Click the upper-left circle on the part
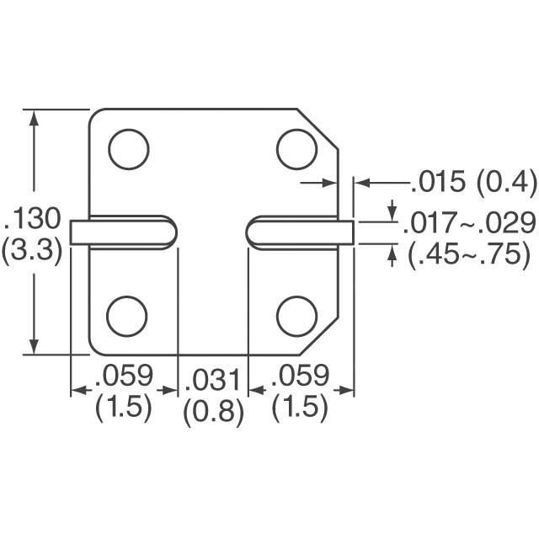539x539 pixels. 128,148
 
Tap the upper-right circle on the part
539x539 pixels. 296,148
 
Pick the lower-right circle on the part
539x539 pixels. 296,315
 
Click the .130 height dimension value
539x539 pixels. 33,221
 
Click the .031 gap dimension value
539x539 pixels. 213,380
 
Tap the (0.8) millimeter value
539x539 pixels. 213,412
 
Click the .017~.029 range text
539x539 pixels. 469,222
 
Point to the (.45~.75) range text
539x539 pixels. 468,253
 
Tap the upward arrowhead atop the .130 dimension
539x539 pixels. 34,117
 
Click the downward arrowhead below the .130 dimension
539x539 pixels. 34,348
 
